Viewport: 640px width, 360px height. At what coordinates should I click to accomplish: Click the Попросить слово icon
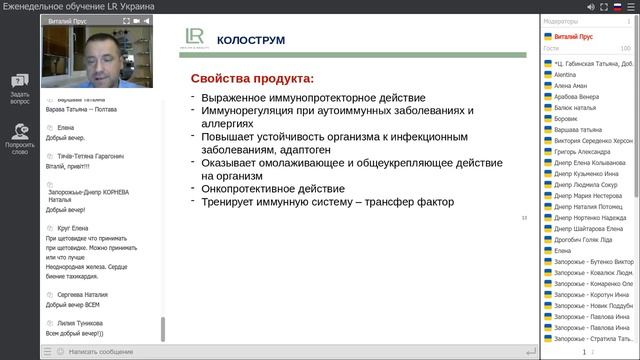pyautogui.click(x=19, y=131)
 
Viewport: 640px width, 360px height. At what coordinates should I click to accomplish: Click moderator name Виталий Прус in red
pyautogui.click(x=575, y=36)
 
